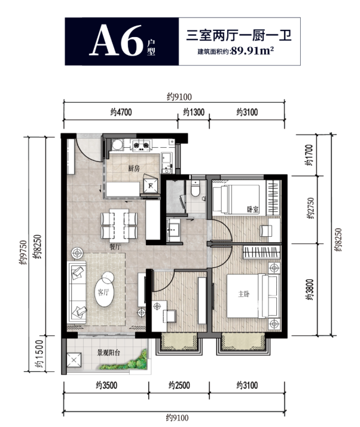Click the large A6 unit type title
point(117,40)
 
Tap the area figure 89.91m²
point(252,51)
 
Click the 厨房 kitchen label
point(134,168)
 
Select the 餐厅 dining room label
point(115,247)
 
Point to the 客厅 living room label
point(103,292)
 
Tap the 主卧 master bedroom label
point(244,294)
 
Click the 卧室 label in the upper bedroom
point(253,209)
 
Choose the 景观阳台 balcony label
point(109,353)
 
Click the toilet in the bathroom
point(196,188)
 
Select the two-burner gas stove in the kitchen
point(141,145)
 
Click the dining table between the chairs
point(119,225)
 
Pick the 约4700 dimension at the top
point(121,112)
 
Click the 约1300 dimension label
point(194,112)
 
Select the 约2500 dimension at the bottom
point(179,385)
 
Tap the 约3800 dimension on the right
point(310,289)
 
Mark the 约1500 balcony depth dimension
point(39,354)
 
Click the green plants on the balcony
point(126,362)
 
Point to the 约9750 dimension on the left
point(23,252)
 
